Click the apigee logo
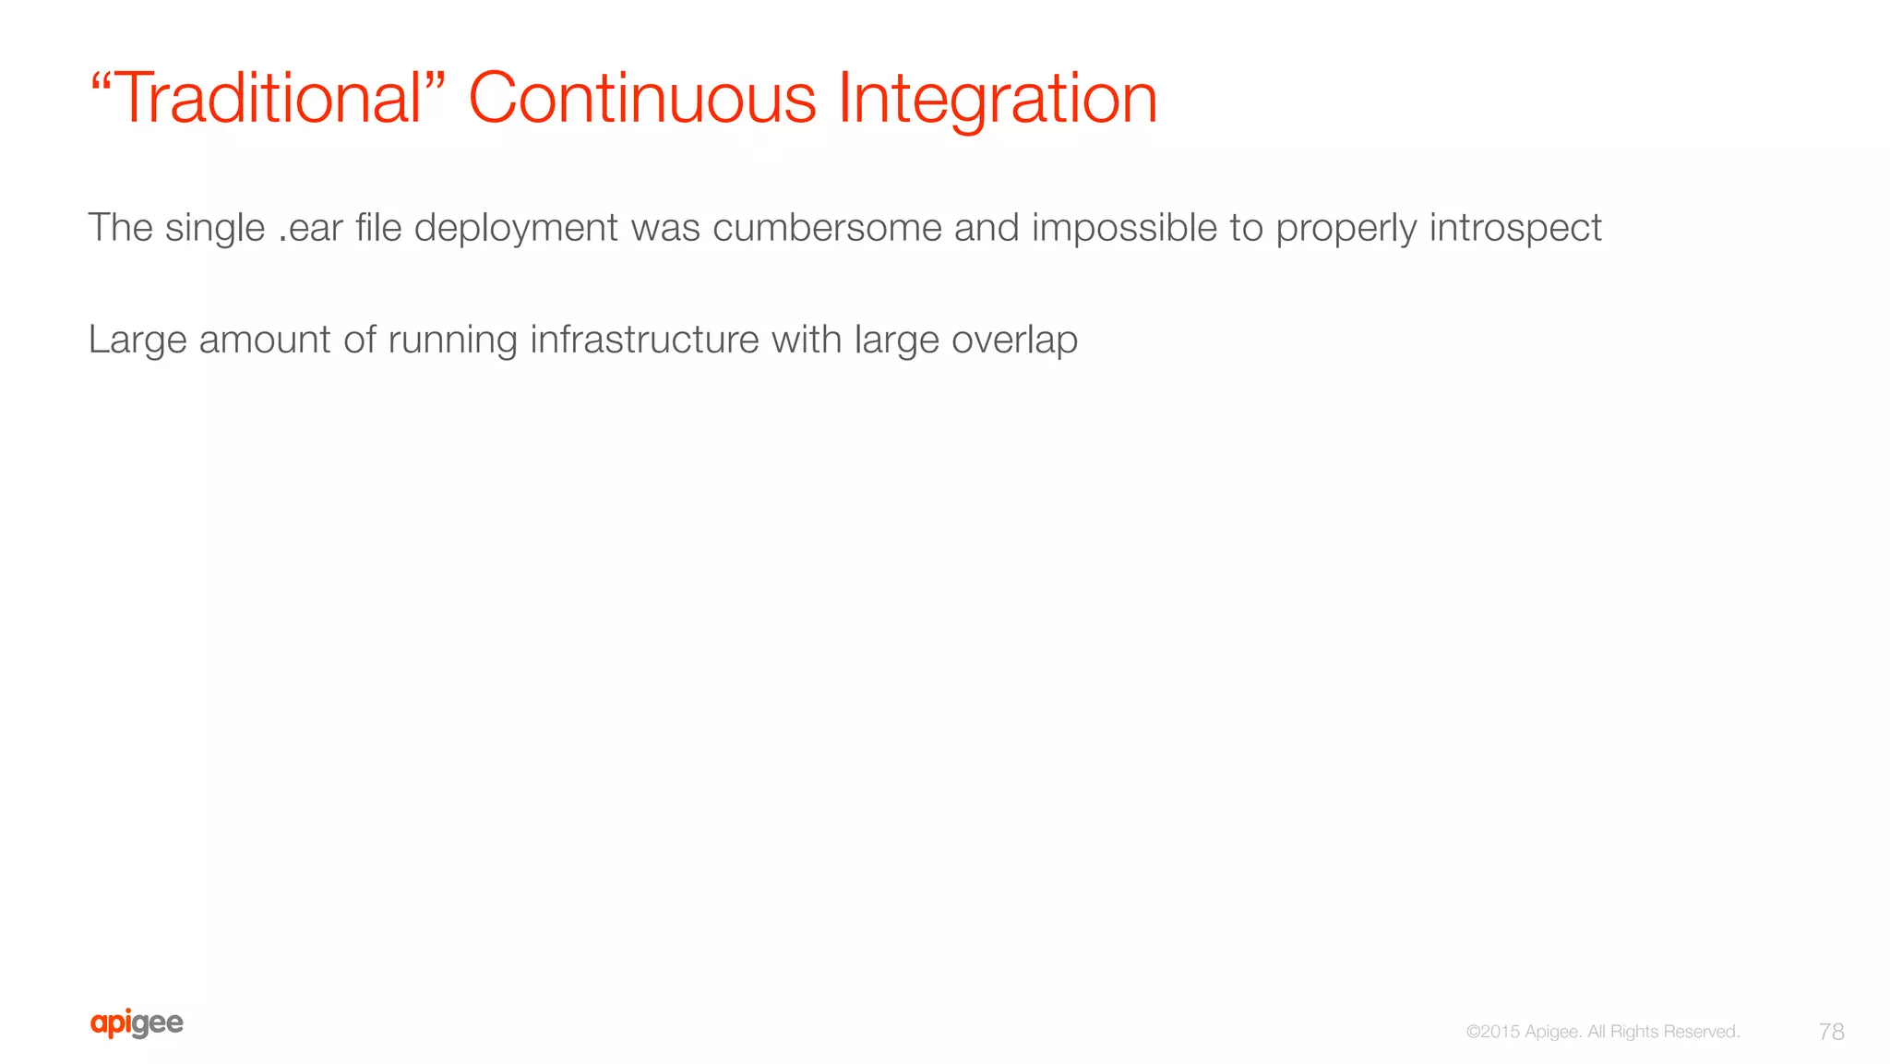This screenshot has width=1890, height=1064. pyautogui.click(x=137, y=1023)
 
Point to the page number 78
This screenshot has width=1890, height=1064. pyautogui.click(x=1831, y=1032)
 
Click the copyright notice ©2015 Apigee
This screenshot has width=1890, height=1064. pyautogui.click(x=1523, y=1032)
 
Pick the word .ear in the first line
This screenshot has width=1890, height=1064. pyautogui.click(x=310, y=228)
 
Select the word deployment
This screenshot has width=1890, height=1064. pyautogui.click(x=516, y=228)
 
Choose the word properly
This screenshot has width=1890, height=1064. pyautogui.click(x=1346, y=228)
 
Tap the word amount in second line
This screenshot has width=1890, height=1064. pyautogui.click(x=265, y=340)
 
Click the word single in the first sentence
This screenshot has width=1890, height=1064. pyautogui.click(x=215, y=228)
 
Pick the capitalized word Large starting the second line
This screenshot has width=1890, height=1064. pyautogui.click(x=138, y=340)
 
